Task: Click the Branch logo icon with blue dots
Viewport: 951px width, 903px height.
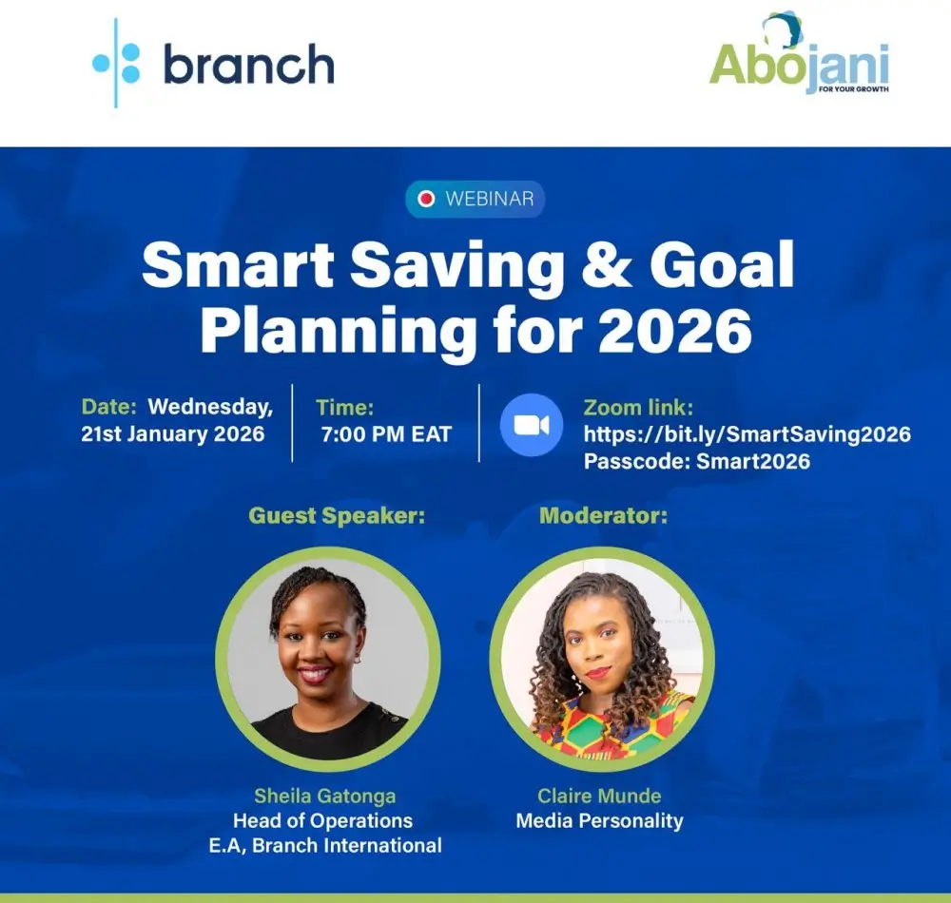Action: (x=116, y=63)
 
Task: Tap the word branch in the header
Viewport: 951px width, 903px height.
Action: (x=248, y=65)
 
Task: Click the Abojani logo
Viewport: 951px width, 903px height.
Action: (x=799, y=59)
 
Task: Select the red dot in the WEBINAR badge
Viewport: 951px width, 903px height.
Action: (x=426, y=199)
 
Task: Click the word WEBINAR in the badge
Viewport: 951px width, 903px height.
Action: (x=489, y=199)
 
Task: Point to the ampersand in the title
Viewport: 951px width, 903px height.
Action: (x=610, y=267)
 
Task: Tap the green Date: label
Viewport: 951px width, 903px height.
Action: (x=109, y=407)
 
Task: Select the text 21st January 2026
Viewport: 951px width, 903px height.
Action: (x=173, y=435)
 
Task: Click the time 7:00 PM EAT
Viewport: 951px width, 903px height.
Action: (x=387, y=435)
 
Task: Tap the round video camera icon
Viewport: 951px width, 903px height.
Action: (x=532, y=425)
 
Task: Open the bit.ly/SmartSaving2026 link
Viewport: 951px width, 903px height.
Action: (x=747, y=434)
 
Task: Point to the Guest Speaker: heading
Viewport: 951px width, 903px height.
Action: (x=337, y=516)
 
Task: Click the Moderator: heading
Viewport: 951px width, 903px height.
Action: (x=603, y=516)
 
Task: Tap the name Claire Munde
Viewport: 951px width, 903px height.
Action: (x=599, y=796)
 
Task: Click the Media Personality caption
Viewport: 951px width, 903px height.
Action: (x=599, y=820)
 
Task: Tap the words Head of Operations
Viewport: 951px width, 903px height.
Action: (x=322, y=820)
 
